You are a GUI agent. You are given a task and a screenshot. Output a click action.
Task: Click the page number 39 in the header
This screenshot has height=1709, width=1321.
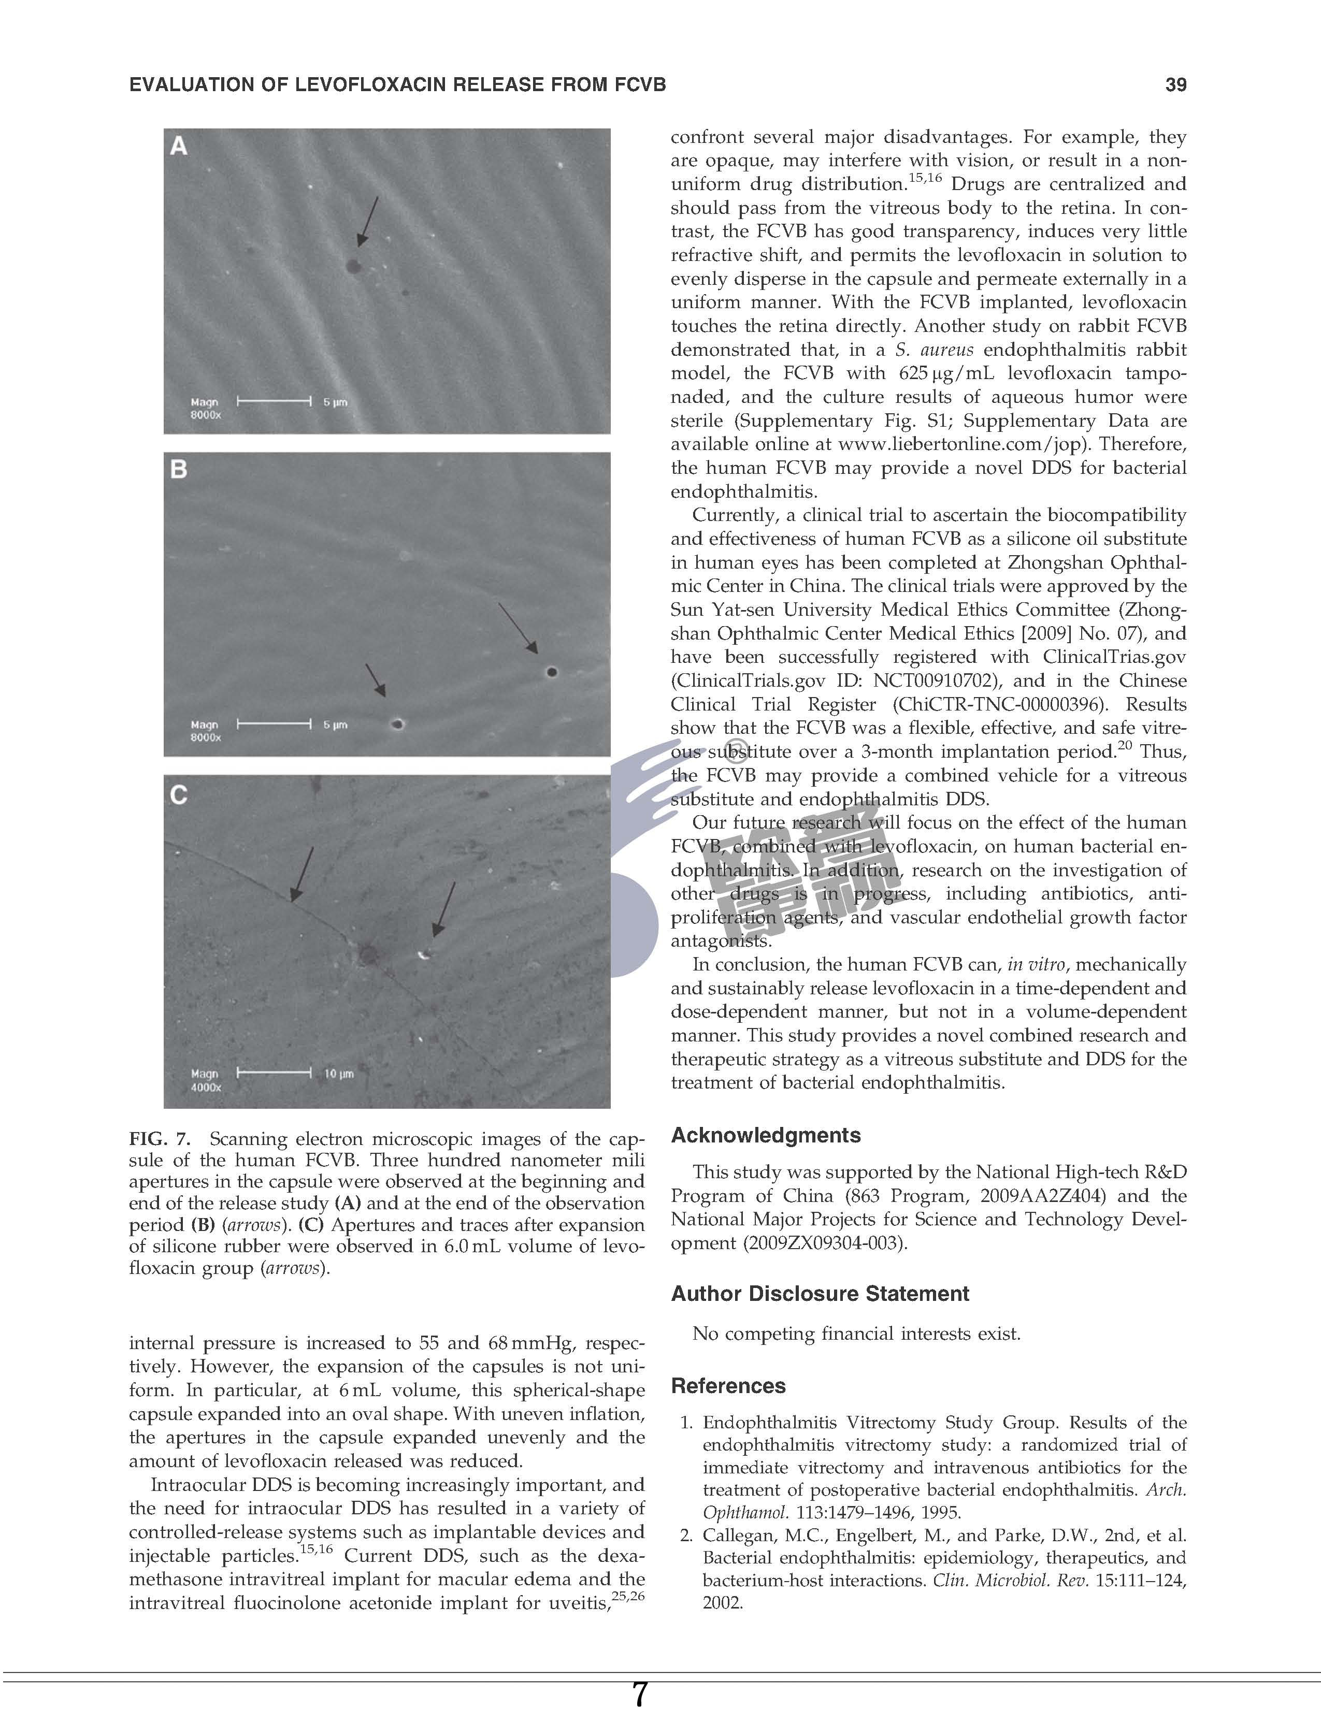click(1175, 84)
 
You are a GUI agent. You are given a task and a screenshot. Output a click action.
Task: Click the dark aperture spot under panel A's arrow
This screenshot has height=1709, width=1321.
click(353, 267)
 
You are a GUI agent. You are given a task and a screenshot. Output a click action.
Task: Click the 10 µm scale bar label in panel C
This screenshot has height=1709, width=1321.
click(339, 1074)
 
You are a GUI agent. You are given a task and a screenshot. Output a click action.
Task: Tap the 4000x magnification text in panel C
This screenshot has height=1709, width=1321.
click(206, 1088)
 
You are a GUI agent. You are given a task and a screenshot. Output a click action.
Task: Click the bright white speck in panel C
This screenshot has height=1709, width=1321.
click(423, 954)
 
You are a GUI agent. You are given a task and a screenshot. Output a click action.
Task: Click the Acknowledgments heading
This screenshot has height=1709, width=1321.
click(765, 1135)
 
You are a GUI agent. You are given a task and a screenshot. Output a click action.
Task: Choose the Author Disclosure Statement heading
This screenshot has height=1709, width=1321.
click(820, 1294)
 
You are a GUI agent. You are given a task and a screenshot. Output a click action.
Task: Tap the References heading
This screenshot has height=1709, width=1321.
click(728, 1386)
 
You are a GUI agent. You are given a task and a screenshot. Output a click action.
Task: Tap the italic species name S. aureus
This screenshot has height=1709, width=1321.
click(935, 350)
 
